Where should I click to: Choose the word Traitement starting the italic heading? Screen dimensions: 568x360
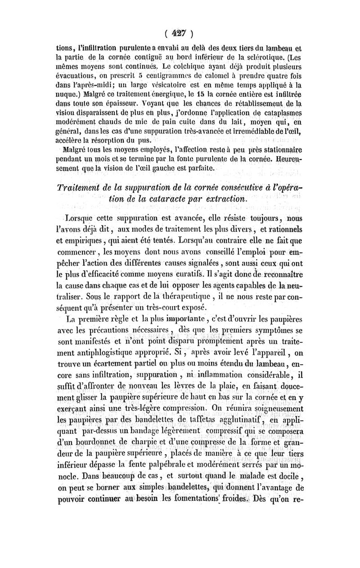pos(80,188)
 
